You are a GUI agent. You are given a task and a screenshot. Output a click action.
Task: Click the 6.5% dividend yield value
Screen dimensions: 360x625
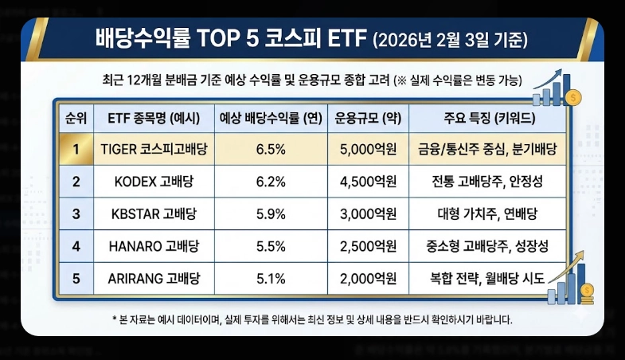(x=271, y=149)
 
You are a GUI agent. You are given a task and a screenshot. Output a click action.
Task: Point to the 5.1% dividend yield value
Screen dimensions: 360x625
(x=271, y=278)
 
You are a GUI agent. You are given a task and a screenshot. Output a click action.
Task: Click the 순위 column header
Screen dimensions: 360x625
(x=76, y=118)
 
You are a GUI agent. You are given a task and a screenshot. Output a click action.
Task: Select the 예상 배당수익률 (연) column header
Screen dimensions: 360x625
(x=271, y=118)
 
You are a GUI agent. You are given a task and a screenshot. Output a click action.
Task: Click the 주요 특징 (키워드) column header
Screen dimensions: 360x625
(x=487, y=118)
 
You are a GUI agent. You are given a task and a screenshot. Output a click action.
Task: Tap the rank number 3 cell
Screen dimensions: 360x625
(x=76, y=213)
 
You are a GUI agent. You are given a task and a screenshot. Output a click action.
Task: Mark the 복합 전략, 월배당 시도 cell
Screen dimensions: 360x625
(x=487, y=278)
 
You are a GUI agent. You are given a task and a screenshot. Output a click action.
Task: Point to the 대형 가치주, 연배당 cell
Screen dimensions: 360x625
(x=487, y=213)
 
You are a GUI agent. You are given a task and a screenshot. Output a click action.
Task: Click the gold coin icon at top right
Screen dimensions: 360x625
(x=576, y=97)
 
